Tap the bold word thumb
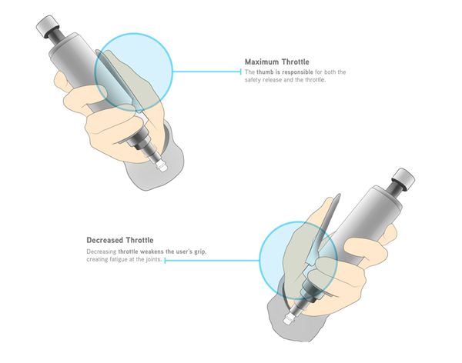[266, 72]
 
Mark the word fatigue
[132, 260]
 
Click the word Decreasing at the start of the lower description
[101, 251]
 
